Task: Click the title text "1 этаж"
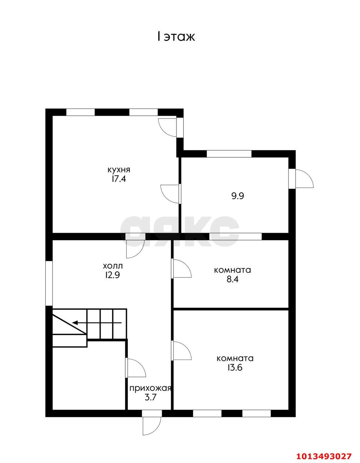pos(176,37)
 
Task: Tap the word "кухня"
pos(119,170)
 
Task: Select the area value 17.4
pos(118,179)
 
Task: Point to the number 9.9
pos(237,196)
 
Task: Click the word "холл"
pos(113,266)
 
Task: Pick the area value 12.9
pos(112,275)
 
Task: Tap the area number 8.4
pos(232,279)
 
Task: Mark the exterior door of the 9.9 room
pos(301,178)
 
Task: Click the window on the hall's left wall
pos(49,283)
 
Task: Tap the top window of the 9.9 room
pos(229,154)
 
